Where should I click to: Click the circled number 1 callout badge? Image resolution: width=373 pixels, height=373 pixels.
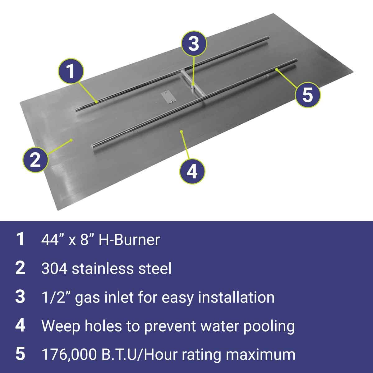(x=71, y=72)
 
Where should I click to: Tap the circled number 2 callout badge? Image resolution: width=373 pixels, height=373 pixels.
(x=35, y=160)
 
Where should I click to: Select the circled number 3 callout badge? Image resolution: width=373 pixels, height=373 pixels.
(x=194, y=44)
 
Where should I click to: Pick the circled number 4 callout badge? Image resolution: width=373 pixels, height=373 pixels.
(x=193, y=171)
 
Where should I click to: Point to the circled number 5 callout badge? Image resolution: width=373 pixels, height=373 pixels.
(x=307, y=94)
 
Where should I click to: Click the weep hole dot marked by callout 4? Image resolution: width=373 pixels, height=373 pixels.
(x=181, y=131)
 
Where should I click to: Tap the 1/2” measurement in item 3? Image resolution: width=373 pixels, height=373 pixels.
(x=53, y=297)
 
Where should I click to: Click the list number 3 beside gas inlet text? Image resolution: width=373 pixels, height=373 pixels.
(x=20, y=297)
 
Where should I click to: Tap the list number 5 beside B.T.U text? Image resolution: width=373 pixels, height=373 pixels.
(x=20, y=355)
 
